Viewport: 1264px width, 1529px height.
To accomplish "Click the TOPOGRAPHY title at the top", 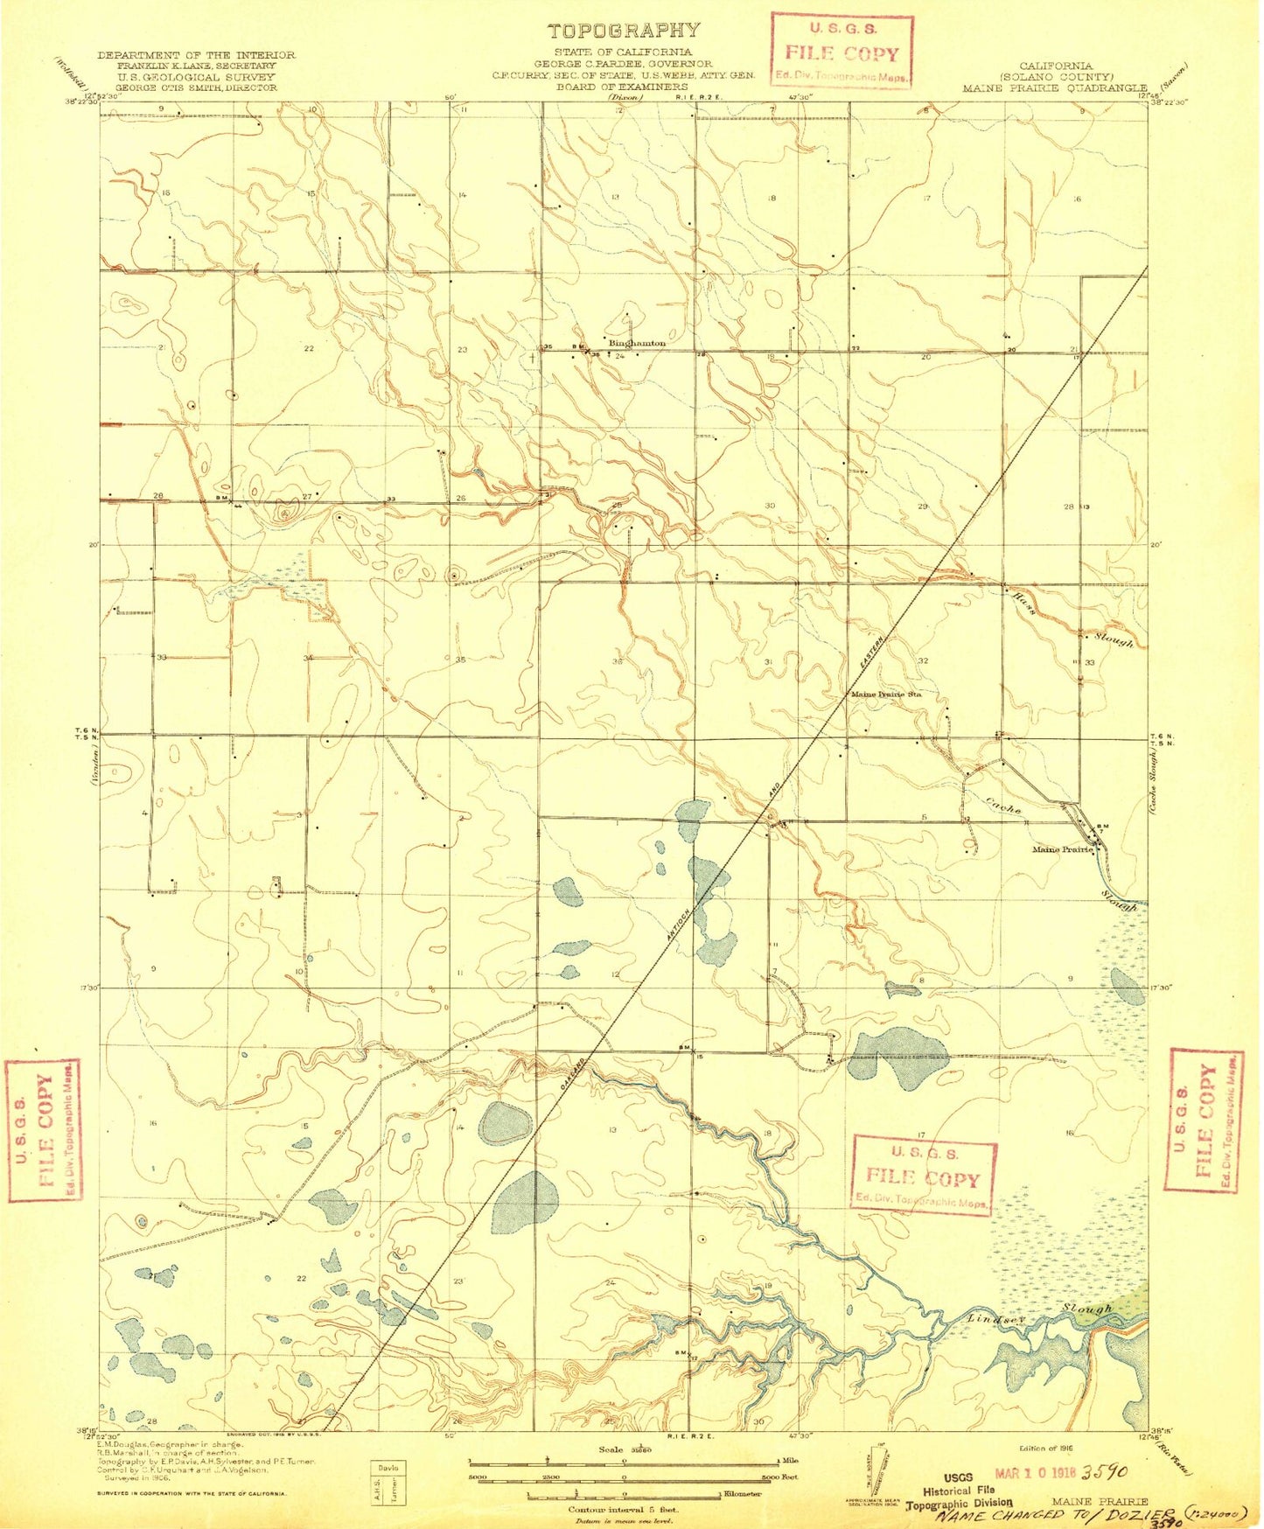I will [624, 31].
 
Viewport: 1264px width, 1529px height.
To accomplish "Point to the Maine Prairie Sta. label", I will [886, 695].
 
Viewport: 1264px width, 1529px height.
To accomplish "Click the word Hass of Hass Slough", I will [1024, 604].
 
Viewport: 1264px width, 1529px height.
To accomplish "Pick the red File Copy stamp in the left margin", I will [44, 1129].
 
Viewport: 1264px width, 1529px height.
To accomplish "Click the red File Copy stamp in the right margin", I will [1206, 1121].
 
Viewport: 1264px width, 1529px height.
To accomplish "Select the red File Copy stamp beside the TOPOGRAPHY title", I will [842, 52].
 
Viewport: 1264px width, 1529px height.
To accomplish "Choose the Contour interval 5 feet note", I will [623, 1510].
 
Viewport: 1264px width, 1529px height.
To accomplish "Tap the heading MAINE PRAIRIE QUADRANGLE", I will [1054, 88].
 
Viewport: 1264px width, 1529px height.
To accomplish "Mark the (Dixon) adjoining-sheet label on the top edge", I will [625, 98].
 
